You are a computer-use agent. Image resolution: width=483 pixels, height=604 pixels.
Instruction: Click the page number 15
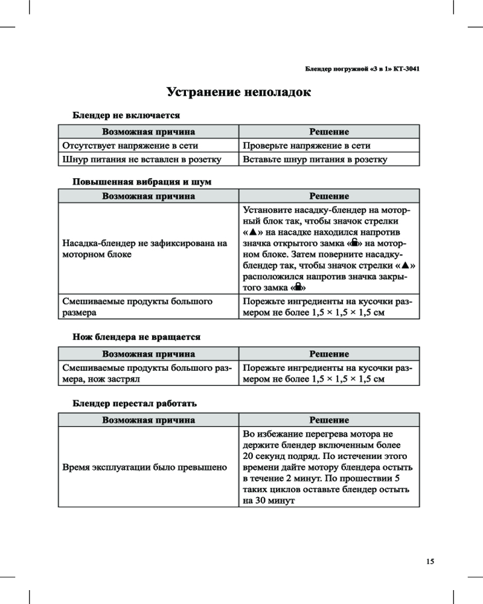coord(430,562)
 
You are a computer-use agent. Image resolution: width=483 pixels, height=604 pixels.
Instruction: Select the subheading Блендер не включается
coord(126,114)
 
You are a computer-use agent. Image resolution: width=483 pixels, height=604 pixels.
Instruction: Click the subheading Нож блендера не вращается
coord(136,336)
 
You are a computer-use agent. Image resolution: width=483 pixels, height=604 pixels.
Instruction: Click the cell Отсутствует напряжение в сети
coord(130,146)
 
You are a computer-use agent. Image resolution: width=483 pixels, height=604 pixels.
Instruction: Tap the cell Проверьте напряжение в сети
coord(306,146)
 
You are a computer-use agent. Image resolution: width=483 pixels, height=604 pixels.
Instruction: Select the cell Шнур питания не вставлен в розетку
coord(141,159)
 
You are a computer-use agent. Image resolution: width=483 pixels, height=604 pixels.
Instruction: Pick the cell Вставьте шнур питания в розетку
coord(315,159)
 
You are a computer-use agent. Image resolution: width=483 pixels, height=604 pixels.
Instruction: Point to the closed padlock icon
coord(298,288)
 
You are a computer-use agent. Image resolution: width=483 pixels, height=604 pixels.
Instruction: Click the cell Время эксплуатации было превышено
coord(145,467)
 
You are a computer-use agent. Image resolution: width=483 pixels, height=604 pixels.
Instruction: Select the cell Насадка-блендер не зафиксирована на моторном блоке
coord(145,249)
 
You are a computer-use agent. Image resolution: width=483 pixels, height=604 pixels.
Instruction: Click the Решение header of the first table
coord(329,132)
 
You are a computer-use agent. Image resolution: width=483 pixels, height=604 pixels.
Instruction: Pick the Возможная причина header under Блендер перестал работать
coord(149,420)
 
